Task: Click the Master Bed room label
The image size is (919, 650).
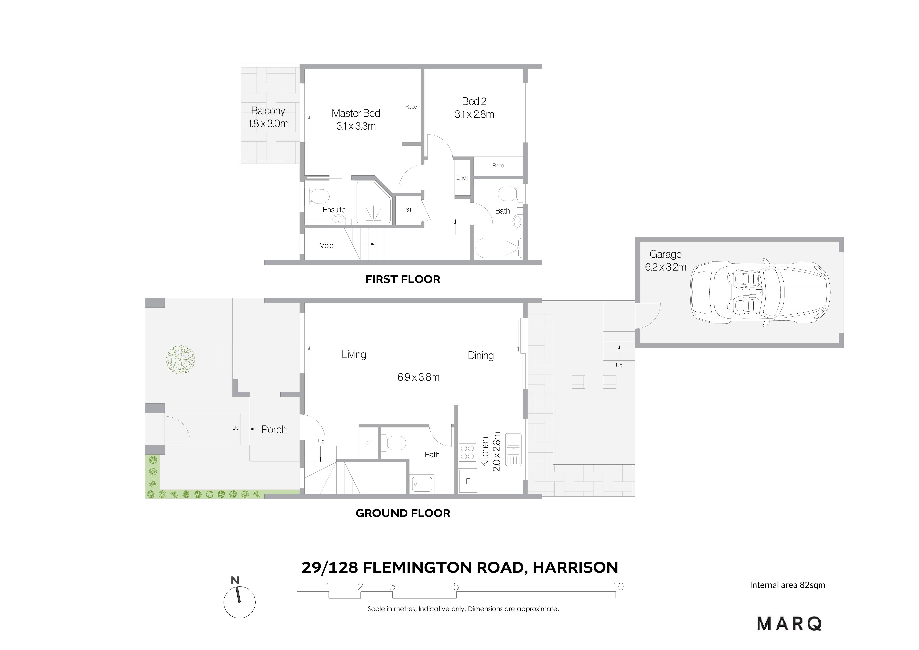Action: (356, 113)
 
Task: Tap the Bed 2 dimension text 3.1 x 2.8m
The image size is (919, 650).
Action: (474, 115)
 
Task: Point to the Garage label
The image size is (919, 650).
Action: (665, 254)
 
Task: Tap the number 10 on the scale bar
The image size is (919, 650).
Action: (618, 587)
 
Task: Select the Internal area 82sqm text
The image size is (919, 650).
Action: (787, 585)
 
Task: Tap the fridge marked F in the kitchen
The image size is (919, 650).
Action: (468, 481)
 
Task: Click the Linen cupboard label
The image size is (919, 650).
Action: (462, 178)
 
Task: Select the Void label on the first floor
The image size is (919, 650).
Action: (327, 246)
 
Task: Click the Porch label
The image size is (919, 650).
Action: (274, 430)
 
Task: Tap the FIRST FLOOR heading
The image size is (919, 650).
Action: (403, 279)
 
